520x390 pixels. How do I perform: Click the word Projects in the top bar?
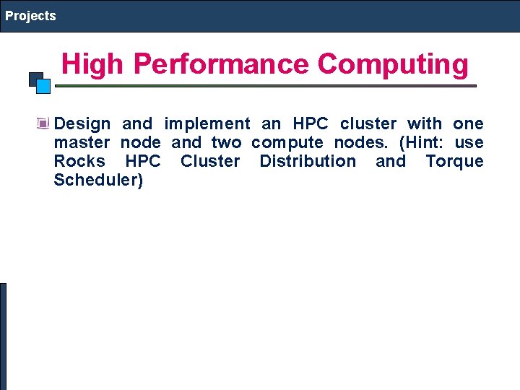tap(30, 15)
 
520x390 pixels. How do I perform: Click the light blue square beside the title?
tap(43, 87)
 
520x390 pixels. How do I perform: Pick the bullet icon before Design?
tap(43, 123)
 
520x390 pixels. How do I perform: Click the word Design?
tap(82, 123)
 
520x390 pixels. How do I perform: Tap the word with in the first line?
tap(424, 123)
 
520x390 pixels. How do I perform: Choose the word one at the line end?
tap(468, 123)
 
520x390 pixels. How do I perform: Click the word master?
tap(82, 142)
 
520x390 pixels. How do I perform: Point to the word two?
tap(227, 142)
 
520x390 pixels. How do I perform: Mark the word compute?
tap(287, 143)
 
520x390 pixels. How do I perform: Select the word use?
tap(469, 142)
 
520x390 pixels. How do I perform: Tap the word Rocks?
tap(79, 161)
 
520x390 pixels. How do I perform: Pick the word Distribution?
tap(307, 161)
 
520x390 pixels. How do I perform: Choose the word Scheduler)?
tap(98, 180)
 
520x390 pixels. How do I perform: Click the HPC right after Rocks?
tap(143, 161)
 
